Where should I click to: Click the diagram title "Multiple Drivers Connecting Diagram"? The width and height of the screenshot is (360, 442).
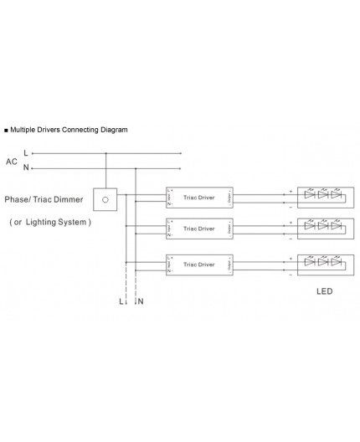[x=69, y=131]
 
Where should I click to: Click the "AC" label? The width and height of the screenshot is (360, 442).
[x=11, y=160]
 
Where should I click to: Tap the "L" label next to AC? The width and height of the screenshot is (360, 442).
[x=26, y=153]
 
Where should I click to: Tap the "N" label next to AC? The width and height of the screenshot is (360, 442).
[x=26, y=167]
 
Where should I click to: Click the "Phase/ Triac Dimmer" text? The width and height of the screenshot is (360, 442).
[x=44, y=201]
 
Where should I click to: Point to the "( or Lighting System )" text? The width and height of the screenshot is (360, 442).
[x=49, y=223]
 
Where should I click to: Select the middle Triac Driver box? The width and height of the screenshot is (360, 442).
[x=200, y=228]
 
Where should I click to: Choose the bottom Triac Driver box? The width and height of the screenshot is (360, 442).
[x=200, y=264]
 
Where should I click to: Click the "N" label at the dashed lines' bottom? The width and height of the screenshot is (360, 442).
[x=139, y=300]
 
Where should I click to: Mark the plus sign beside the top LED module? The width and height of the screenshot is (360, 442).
[x=291, y=192]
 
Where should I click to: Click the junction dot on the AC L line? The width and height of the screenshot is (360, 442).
[x=105, y=153]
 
